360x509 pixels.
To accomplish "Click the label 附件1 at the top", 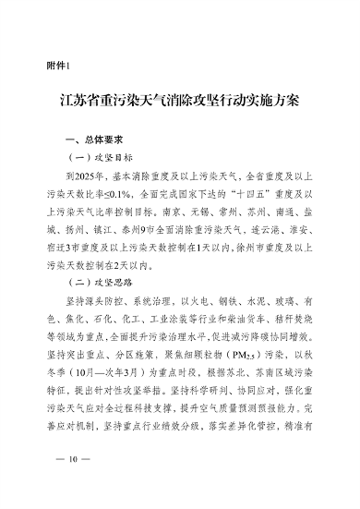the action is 57,65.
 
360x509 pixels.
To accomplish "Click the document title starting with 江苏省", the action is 180,99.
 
